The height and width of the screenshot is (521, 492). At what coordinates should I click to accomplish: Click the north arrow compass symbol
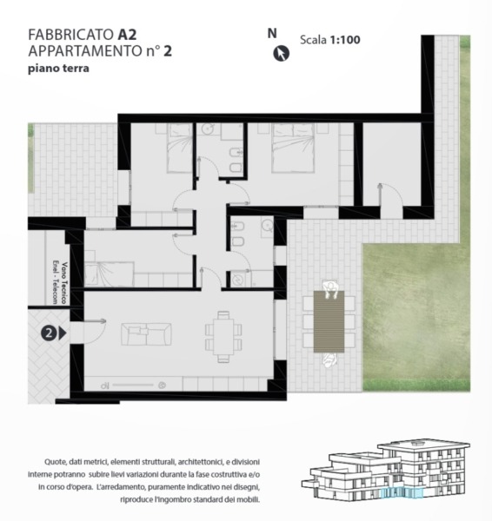click(281, 54)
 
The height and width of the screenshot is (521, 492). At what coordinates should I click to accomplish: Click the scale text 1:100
click(345, 40)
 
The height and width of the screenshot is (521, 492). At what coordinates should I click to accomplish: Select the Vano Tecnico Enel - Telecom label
click(60, 283)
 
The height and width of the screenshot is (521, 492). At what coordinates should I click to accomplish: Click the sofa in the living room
click(146, 334)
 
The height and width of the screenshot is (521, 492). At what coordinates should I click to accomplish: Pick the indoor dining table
click(223, 337)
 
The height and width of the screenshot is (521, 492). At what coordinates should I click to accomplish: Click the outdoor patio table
click(329, 321)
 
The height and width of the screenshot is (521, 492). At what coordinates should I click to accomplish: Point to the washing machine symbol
click(238, 280)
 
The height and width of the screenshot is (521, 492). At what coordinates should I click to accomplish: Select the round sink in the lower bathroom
click(267, 225)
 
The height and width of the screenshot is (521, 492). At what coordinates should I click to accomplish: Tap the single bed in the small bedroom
click(110, 274)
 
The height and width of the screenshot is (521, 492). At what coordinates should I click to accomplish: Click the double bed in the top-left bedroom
click(180, 148)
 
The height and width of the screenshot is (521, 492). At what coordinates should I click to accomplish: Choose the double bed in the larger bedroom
click(293, 148)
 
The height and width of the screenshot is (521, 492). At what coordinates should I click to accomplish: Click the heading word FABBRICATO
click(71, 35)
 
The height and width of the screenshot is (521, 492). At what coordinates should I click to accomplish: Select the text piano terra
click(58, 69)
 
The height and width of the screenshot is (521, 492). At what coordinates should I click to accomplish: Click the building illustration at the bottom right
click(386, 470)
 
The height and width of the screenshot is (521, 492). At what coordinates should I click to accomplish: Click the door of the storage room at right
click(391, 195)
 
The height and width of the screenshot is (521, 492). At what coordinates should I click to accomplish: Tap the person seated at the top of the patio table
click(330, 289)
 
